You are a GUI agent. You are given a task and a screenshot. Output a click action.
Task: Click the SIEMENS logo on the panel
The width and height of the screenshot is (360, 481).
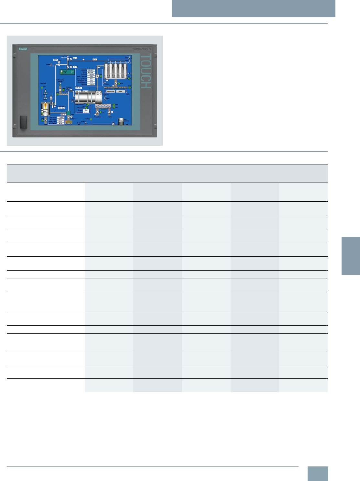click(x=23, y=49)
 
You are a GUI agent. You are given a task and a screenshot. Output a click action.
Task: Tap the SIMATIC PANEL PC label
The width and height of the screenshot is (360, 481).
click(x=142, y=49)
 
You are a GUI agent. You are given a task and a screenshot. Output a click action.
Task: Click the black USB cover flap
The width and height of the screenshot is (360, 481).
click(x=24, y=122)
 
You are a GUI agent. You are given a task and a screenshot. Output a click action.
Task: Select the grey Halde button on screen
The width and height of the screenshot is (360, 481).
click(x=120, y=91)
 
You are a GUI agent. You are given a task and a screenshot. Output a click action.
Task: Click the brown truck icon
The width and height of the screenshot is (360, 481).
click(x=69, y=122)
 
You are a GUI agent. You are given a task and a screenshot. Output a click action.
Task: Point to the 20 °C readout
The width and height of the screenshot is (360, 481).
click(x=95, y=60)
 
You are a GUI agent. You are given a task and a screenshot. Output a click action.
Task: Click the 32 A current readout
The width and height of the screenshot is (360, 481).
click(x=86, y=110)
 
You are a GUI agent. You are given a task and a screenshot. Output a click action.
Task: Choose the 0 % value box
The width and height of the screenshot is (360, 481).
click(x=75, y=67)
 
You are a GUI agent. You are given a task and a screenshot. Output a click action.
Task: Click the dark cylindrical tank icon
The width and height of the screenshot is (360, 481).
click(x=121, y=121)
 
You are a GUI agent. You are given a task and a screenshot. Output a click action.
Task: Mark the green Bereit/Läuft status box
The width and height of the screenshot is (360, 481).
click(x=67, y=72)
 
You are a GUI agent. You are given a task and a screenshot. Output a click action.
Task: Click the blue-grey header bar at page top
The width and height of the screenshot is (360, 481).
click(x=253, y=8)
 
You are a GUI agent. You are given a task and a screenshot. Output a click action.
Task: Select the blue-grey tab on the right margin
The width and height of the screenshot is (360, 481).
click(x=351, y=256)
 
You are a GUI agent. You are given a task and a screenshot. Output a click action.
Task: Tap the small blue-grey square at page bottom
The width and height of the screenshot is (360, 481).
click(x=317, y=474)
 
